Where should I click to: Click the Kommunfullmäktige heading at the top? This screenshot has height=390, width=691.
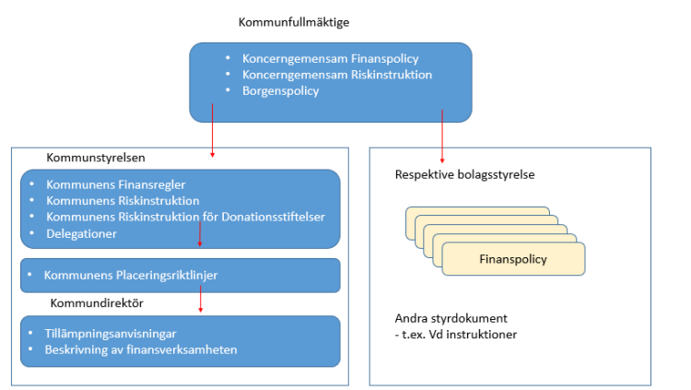click(x=294, y=22)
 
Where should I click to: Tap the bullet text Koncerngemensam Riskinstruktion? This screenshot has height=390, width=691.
click(x=336, y=75)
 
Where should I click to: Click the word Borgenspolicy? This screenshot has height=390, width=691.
click(x=282, y=91)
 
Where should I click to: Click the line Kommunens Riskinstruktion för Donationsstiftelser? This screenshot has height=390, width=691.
click(x=184, y=217)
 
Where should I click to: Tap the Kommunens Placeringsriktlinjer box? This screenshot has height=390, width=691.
click(x=181, y=275)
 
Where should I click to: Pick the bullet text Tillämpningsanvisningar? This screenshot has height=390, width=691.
click(x=111, y=334)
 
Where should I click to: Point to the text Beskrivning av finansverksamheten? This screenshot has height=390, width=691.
click(x=141, y=349)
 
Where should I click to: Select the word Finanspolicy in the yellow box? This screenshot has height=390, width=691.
click(x=513, y=259)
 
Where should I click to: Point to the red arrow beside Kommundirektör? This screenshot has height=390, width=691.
click(x=200, y=301)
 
